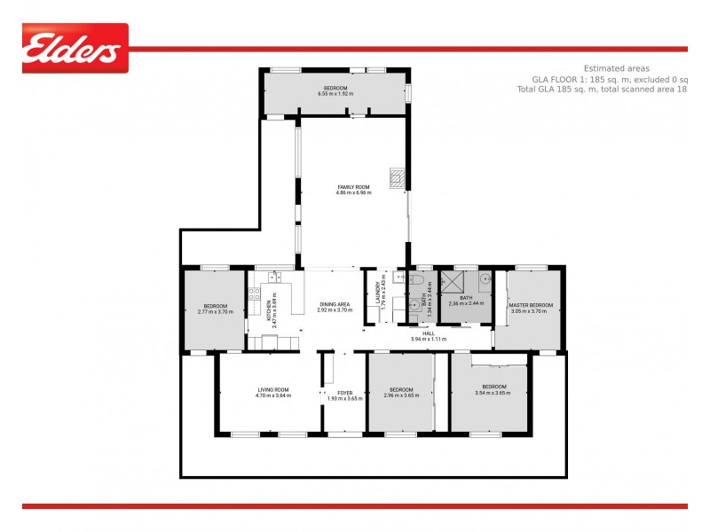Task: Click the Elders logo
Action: (x=75, y=48)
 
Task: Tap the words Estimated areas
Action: (x=616, y=68)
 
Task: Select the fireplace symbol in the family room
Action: (x=397, y=175)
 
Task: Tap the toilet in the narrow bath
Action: (x=414, y=308)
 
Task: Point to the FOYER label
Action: (x=345, y=395)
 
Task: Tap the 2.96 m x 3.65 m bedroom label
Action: (x=401, y=392)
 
